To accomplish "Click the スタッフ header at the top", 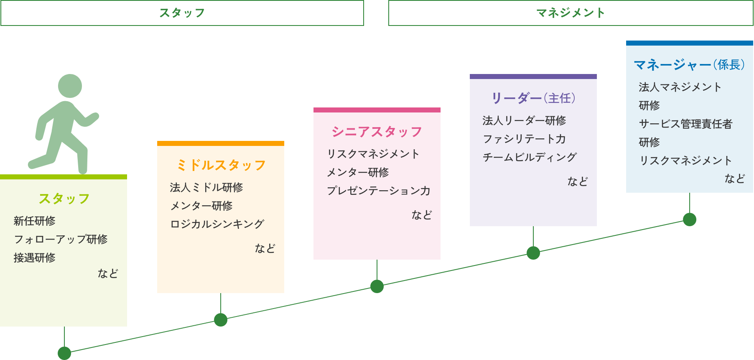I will tap(182, 13).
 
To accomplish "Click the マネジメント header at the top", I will tap(571, 13).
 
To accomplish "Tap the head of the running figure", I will tap(70, 86).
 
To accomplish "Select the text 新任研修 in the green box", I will tap(34, 221).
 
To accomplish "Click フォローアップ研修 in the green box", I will tap(61, 239).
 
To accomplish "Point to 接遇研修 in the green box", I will tap(34, 258).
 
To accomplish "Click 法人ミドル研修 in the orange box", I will tap(206, 187).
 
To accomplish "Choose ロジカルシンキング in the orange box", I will tap(217, 224).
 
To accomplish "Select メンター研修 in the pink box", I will tap(357, 172).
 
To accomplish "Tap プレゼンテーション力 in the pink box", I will tap(378, 191).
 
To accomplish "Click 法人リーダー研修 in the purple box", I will tap(524, 120).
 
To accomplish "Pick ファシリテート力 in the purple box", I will tap(524, 139).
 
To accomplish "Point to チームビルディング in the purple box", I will tap(530, 157).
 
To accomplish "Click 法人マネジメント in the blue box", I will tap(680, 87).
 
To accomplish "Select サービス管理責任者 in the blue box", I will tap(685, 124).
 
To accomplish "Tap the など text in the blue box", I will tap(734, 179).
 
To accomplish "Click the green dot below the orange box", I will tap(221, 320).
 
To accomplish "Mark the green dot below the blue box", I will tap(690, 220).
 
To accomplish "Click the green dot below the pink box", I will tap(377, 286).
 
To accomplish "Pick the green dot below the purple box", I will tap(533, 253).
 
